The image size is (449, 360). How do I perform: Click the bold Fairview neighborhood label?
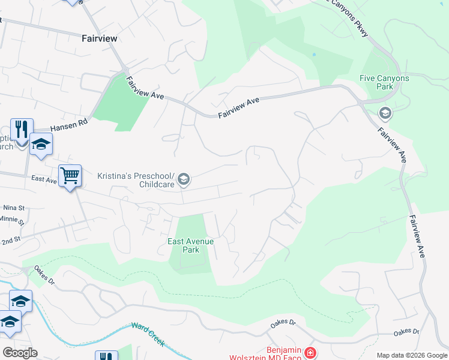(x=99, y=38)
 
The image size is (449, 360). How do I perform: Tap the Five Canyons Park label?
(x=384, y=82)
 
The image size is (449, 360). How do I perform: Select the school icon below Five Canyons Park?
(x=385, y=113)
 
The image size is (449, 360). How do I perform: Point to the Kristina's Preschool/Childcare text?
(x=136, y=180)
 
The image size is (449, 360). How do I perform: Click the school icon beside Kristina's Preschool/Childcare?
(x=184, y=179)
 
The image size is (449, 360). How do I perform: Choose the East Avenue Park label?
(x=190, y=245)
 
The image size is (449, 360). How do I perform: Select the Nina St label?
(x=13, y=208)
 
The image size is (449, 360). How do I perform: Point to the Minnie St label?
(x=13, y=221)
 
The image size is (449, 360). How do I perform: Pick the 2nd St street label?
(x=10, y=239)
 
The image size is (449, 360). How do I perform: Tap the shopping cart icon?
(x=70, y=176)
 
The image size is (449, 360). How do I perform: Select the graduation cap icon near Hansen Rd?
(x=41, y=144)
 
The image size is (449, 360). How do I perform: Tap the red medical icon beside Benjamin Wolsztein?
(x=310, y=353)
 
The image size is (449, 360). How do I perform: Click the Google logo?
(x=20, y=352)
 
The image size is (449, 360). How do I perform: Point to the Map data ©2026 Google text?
(x=411, y=355)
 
